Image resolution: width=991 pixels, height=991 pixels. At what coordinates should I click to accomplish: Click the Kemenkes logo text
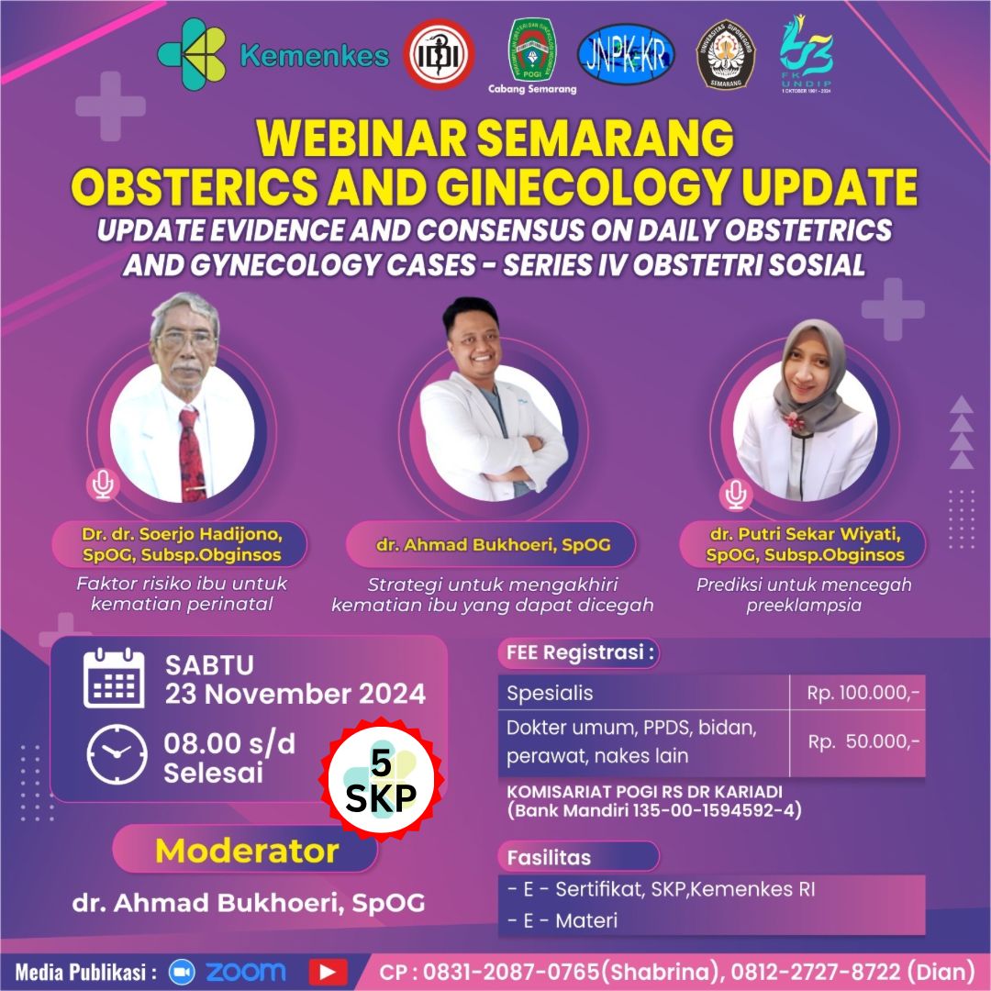tap(314, 56)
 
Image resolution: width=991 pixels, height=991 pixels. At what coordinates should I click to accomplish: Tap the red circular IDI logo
tap(440, 54)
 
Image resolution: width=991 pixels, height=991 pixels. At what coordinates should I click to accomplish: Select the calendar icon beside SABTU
tap(114, 679)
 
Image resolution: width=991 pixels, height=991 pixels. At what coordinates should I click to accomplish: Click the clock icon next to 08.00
tap(117, 754)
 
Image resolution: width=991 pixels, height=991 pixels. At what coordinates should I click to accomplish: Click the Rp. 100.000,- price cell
tap(857, 694)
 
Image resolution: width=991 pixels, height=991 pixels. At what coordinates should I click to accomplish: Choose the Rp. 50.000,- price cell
tap(857, 742)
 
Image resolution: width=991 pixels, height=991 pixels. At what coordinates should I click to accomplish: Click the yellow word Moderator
tap(247, 851)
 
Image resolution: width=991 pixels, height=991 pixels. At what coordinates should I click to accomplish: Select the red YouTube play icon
tap(328, 971)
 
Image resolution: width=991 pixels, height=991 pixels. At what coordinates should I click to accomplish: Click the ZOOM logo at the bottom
tap(228, 971)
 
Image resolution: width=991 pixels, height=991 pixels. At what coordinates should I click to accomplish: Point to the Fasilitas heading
tap(550, 857)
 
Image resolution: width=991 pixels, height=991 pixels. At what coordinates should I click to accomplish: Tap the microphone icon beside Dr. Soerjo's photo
tap(103, 483)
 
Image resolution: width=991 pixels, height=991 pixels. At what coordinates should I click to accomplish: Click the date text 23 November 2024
tap(295, 694)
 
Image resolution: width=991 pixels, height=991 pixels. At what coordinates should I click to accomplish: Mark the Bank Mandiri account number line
tap(654, 810)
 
